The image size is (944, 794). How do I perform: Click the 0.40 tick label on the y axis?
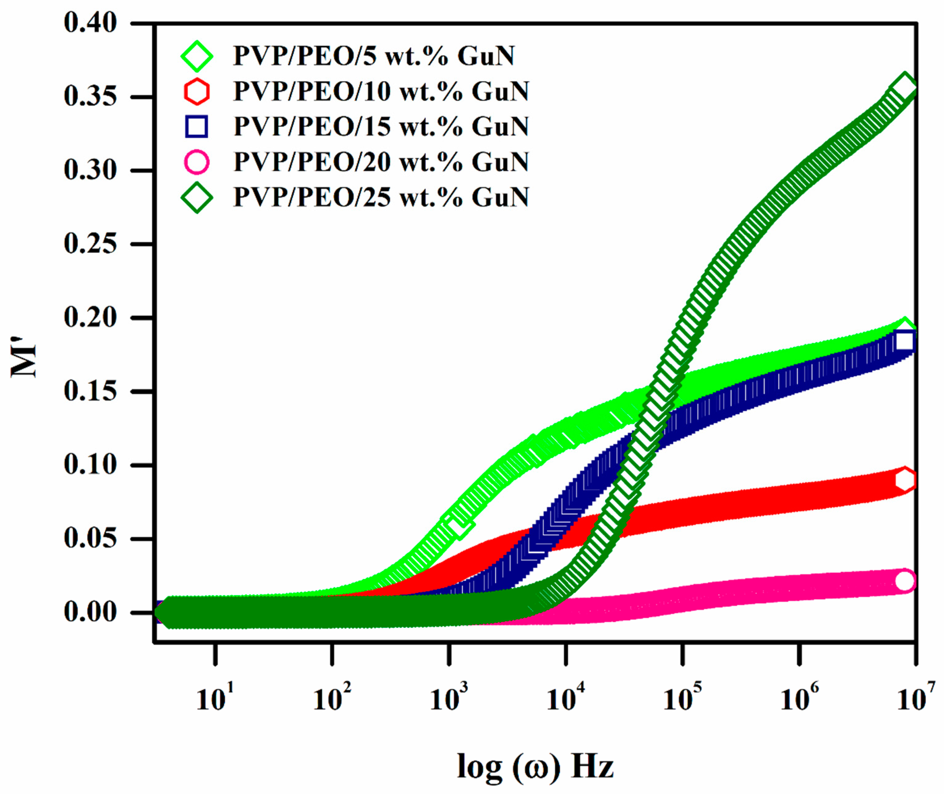tap(90, 23)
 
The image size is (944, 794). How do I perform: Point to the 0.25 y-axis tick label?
tap(90, 244)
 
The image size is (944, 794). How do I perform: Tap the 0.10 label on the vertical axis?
tap(90, 464)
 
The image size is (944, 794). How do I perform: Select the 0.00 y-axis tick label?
tap(90, 612)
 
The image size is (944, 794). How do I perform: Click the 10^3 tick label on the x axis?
tap(449, 698)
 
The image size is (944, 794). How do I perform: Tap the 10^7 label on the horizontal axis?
tap(916, 698)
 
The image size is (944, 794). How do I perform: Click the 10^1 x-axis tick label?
tap(215, 698)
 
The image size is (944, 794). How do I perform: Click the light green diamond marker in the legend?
tap(197, 56)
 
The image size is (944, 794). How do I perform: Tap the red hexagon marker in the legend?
tap(197, 91)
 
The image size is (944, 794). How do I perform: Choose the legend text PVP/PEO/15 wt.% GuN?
tap(381, 127)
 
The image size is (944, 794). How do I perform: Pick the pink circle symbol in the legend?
tap(197, 162)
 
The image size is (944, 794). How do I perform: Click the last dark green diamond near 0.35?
tap(904, 86)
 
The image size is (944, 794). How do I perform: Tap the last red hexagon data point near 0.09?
tap(905, 480)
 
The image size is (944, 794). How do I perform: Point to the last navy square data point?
tap(905, 341)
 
